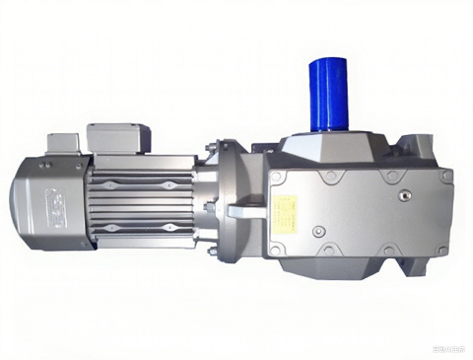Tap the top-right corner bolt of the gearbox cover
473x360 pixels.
coord(445,177)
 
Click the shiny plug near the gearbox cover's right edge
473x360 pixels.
coord(403,195)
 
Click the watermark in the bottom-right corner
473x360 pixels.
coord(451,346)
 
